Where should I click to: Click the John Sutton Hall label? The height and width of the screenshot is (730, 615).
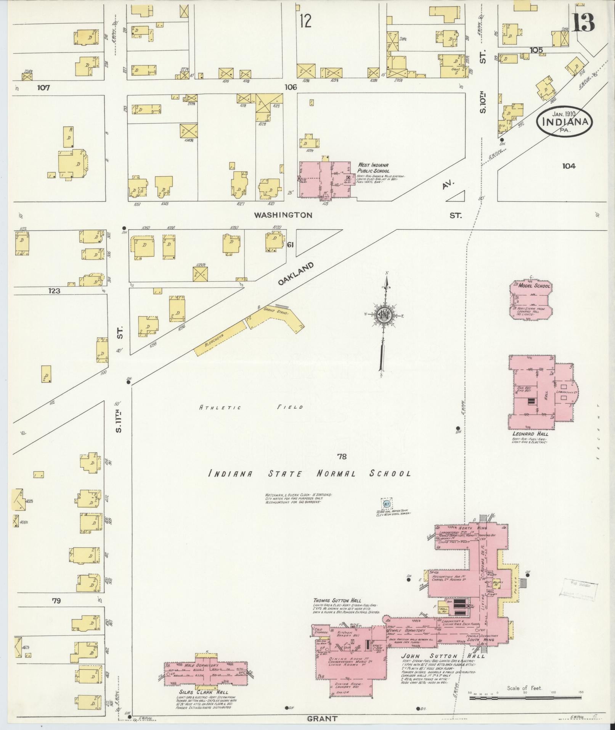click(x=442, y=656)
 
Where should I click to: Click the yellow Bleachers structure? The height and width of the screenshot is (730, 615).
click(x=220, y=338)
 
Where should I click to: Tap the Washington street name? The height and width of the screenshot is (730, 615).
click(x=283, y=215)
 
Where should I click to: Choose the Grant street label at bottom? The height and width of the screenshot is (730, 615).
click(x=323, y=719)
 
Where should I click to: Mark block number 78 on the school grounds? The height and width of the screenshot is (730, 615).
click(x=342, y=456)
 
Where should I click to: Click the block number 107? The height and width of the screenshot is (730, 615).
click(x=43, y=87)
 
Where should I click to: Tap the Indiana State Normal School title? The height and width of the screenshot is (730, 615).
click(x=310, y=474)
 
